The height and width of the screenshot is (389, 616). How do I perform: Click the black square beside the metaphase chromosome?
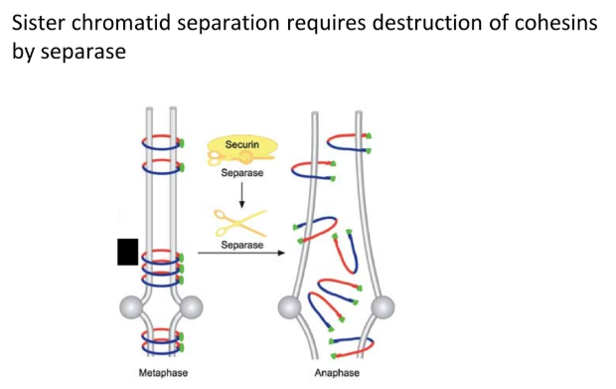coord(127,253)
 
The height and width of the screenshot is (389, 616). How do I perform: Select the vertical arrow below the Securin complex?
coord(241,189)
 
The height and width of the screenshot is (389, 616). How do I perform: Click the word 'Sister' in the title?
coord(40,22)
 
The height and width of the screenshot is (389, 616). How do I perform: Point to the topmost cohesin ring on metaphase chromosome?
coord(161,137)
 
